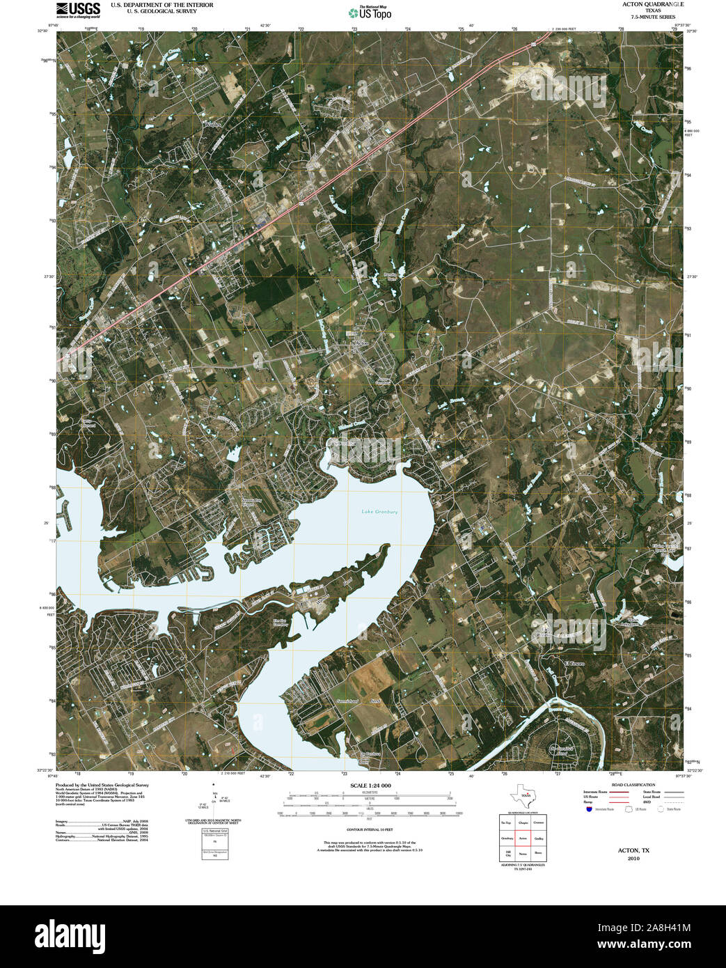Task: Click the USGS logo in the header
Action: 77,9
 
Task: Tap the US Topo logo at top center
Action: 370,12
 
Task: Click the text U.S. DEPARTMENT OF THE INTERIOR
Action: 161,5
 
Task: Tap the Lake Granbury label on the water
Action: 379,512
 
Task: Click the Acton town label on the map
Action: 360,343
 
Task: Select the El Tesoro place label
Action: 574,664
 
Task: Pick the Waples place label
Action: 212,124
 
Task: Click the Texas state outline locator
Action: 523,795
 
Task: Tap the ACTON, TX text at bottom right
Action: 633,850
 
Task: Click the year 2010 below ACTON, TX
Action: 633,859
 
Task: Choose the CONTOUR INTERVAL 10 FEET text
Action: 370,829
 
